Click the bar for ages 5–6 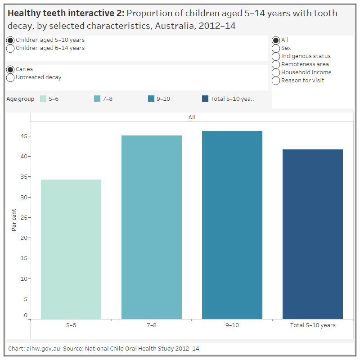click(x=71, y=249)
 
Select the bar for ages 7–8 click(x=152, y=227)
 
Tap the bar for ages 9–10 click(x=232, y=225)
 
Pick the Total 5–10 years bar click(x=313, y=234)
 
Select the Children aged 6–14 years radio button click(x=10, y=48)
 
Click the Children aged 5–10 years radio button click(x=10, y=40)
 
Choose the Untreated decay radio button click(x=10, y=77)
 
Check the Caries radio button click(x=10, y=69)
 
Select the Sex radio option click(x=276, y=48)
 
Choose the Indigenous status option click(x=276, y=56)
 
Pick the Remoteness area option click(x=276, y=64)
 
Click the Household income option click(x=276, y=72)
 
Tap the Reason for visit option click(x=276, y=81)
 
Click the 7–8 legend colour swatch click(x=97, y=99)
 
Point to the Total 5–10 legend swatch click(x=205, y=99)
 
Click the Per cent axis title click(x=14, y=220)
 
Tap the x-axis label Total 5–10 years click(x=313, y=325)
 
